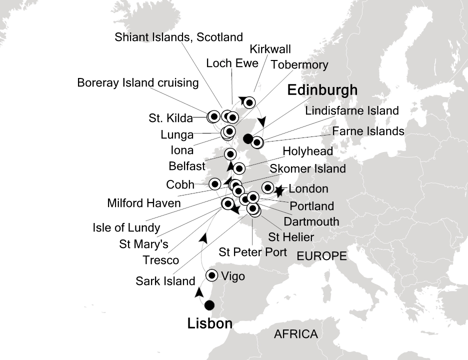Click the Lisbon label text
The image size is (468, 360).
tap(209, 324)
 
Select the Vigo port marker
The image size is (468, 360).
tap(212, 275)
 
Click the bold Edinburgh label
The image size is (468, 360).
tap(322, 90)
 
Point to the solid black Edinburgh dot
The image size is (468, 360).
tap(247, 138)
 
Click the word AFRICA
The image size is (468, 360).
tap(295, 334)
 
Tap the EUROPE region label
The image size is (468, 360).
tap(321, 256)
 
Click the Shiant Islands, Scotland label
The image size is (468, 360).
tap(178, 37)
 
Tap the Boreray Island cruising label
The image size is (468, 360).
tap(138, 83)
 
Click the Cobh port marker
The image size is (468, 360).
tap(214, 183)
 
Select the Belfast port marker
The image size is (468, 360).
tap(230, 154)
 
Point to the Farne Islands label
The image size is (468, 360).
tap(367, 131)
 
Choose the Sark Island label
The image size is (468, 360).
tap(165, 281)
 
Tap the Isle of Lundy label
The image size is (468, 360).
tap(126, 228)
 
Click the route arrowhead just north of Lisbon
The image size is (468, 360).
tap(198, 292)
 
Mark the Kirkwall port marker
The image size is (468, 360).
tap(248, 103)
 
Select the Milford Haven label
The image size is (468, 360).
tap(144, 203)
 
